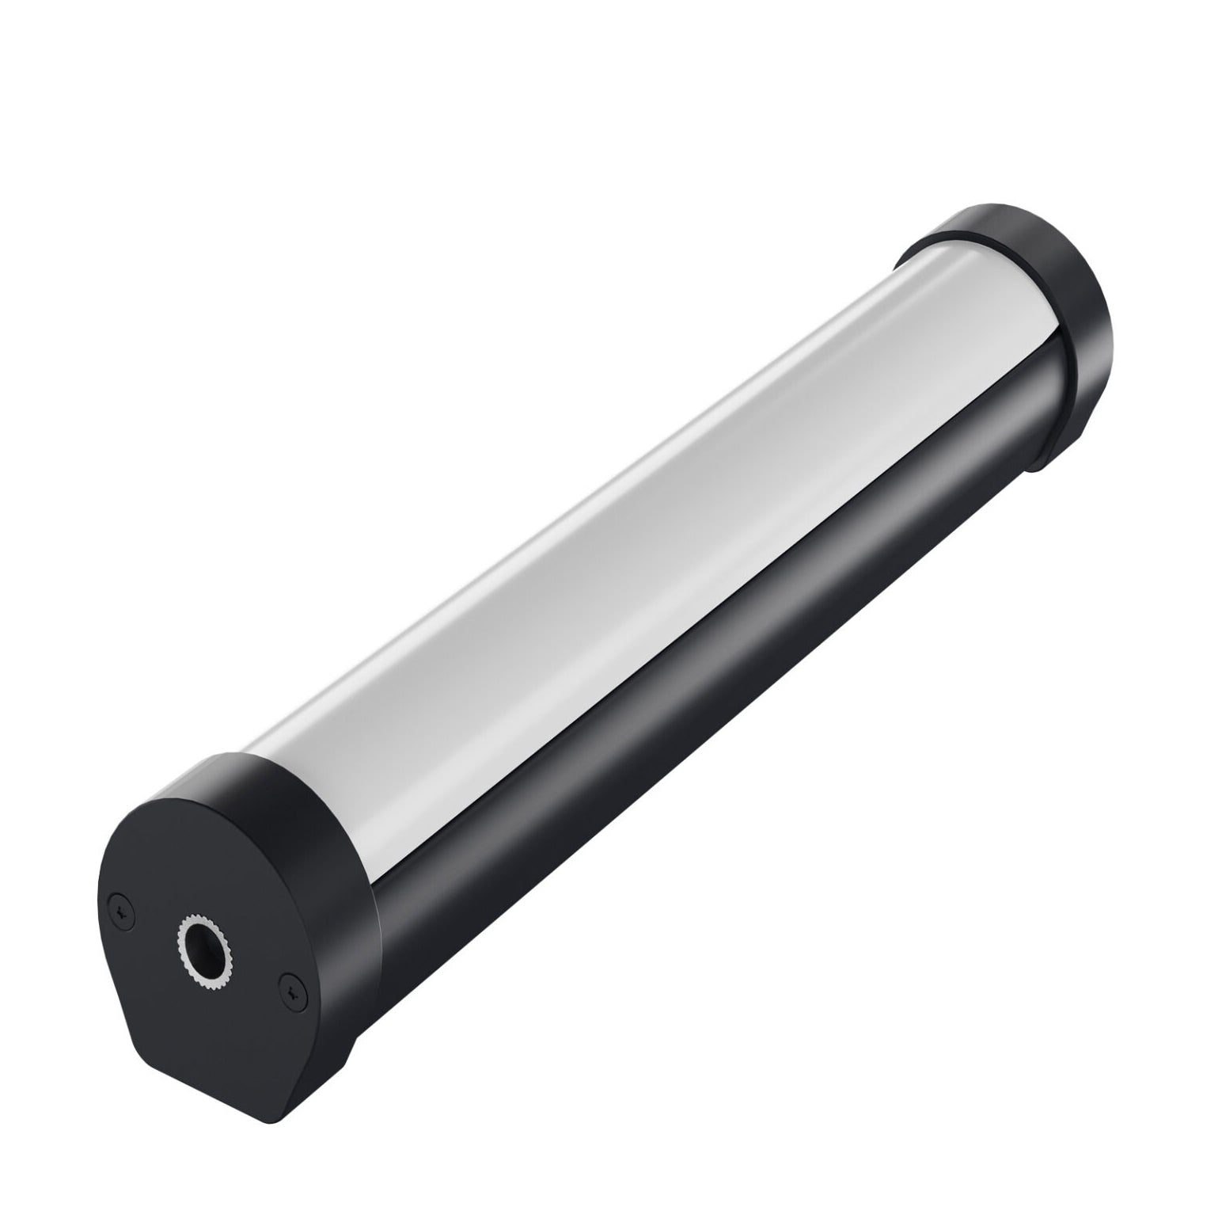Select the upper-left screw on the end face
pos(120,911)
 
